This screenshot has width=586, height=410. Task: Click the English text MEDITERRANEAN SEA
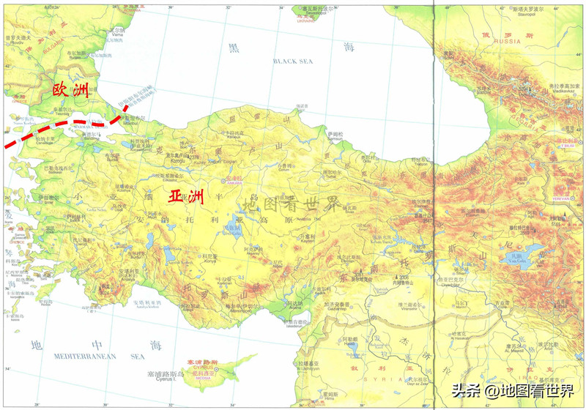(x=97, y=357)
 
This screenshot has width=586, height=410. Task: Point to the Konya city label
(x=210, y=261)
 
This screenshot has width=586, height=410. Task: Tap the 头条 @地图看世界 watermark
(x=513, y=391)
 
